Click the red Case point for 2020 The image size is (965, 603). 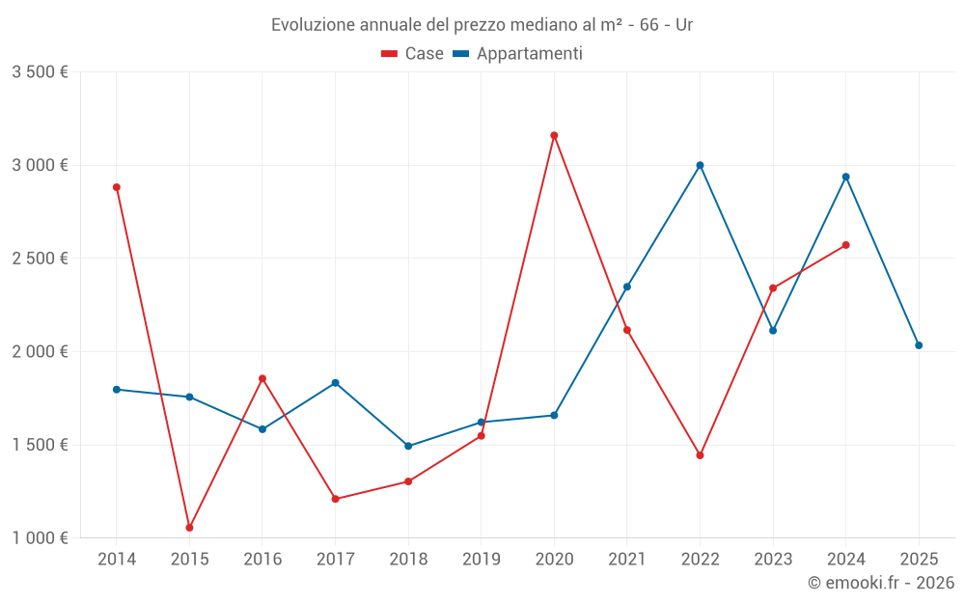tap(554, 135)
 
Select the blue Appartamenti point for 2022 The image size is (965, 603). tap(700, 165)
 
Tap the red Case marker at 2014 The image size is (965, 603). tap(117, 187)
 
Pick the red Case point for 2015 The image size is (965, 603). tap(189, 528)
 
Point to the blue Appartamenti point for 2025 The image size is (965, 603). tap(919, 345)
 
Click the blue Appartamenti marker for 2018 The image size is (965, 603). tap(408, 446)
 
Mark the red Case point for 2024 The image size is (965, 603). tap(846, 245)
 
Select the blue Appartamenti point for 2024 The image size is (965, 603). tap(846, 177)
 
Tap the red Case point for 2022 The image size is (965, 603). tap(700, 455)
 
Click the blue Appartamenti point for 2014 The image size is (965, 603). tap(117, 389)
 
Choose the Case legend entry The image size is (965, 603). tap(413, 54)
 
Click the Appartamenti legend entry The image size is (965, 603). tap(518, 54)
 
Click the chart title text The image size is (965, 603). tap(482, 25)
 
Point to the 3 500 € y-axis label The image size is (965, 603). tap(40, 72)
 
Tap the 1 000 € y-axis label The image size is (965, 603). tap(40, 538)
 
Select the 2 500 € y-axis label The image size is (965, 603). tap(40, 259)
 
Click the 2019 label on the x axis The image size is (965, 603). tap(481, 560)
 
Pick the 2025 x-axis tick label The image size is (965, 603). tap(919, 560)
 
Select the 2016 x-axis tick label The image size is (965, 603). tap(262, 560)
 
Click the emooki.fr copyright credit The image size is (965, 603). tap(881, 583)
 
